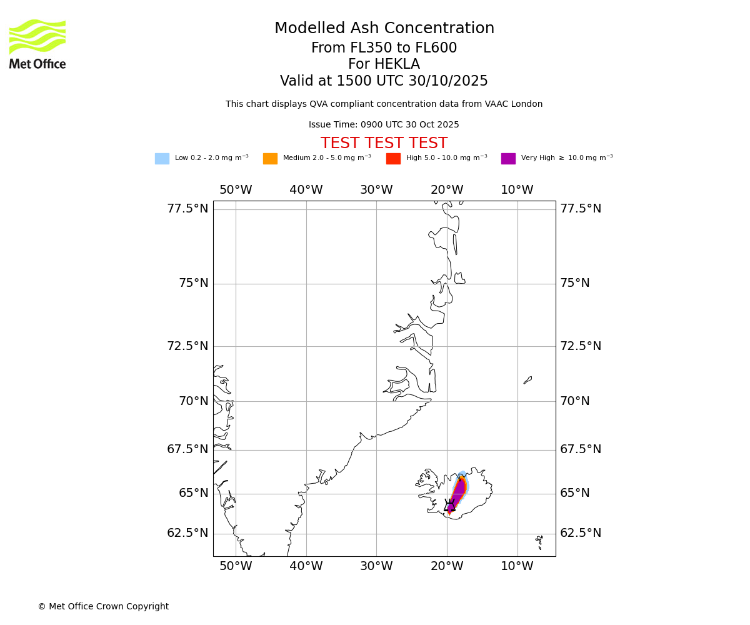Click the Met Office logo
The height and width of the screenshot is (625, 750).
click(37, 44)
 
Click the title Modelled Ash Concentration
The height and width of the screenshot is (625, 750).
click(384, 29)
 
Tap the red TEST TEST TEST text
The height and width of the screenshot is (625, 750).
click(384, 143)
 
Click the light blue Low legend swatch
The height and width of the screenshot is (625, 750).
click(162, 159)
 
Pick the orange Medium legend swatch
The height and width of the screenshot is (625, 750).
click(270, 159)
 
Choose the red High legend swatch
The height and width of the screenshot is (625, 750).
click(393, 159)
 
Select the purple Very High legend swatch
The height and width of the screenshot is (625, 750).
click(508, 159)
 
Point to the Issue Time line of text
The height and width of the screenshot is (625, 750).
click(384, 125)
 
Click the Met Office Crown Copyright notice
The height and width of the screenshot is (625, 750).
click(103, 607)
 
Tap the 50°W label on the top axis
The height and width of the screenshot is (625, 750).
click(236, 190)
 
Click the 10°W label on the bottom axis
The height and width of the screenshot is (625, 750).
click(517, 566)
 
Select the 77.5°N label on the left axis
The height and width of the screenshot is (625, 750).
click(187, 209)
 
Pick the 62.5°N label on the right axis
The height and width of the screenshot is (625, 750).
click(581, 533)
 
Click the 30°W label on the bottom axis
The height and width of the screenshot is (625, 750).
click(376, 566)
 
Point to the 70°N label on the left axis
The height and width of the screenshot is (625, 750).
click(194, 401)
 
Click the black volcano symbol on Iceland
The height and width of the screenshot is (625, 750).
click(449, 506)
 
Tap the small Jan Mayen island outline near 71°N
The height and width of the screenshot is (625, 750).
click(527, 380)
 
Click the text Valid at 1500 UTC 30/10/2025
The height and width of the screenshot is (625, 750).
click(384, 81)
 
